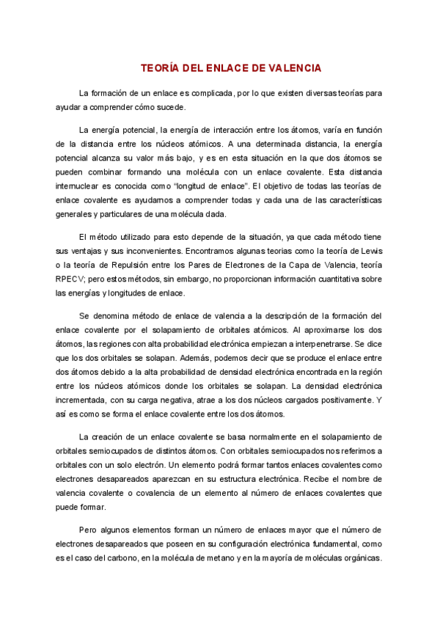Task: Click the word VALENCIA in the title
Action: pyautogui.click(x=294, y=68)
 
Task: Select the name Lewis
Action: pyautogui.click(x=370, y=251)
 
